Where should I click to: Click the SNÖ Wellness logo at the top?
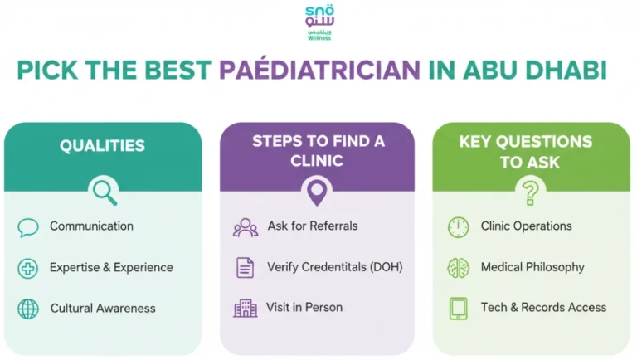point(318,22)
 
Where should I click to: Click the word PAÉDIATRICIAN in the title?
point(320,70)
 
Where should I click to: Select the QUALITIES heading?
point(102,146)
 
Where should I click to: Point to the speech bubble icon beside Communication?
point(28,227)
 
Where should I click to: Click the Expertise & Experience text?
point(111,267)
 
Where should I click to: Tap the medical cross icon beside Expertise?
point(28,268)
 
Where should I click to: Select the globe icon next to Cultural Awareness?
point(28,309)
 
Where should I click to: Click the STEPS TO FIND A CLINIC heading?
point(318,150)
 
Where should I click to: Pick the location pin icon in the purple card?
point(317,192)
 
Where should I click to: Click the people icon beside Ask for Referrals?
point(245,227)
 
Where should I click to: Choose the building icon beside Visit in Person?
point(245,309)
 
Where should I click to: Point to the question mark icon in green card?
point(531,192)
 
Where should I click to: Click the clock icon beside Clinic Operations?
point(458,227)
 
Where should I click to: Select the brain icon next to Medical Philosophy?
point(458,268)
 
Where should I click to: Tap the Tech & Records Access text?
point(543,307)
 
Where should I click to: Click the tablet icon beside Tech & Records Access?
point(458,309)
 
